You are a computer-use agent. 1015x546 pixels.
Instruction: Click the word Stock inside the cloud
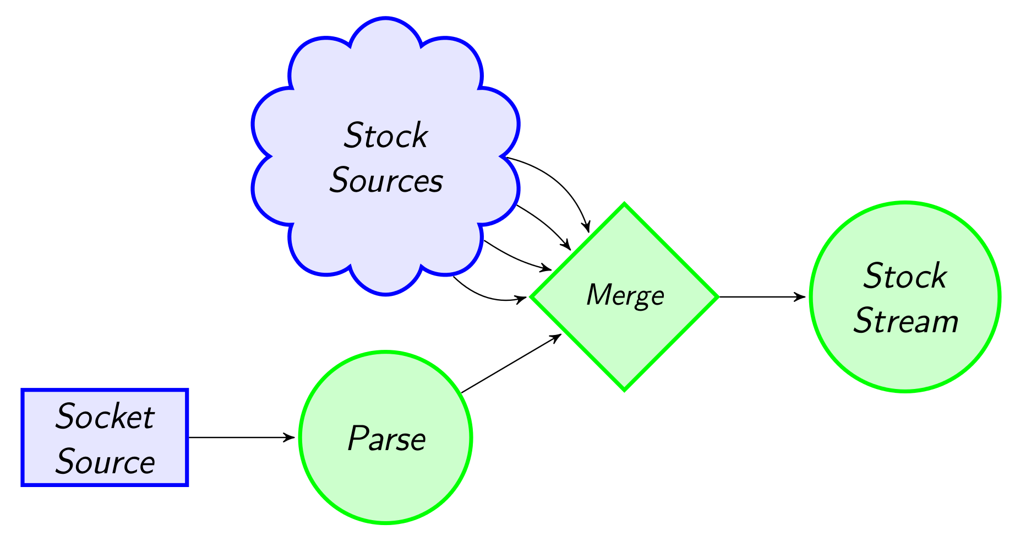click(x=386, y=136)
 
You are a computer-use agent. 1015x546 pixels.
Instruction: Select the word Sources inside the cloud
click(x=386, y=181)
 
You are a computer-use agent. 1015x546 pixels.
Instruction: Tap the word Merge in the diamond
click(x=625, y=295)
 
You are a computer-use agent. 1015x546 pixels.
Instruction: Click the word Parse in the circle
click(x=386, y=439)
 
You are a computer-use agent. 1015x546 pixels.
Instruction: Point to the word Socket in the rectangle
click(x=105, y=417)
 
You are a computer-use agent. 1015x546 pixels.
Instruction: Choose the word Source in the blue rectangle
click(x=105, y=462)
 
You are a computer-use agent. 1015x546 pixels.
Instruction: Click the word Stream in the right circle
click(x=905, y=321)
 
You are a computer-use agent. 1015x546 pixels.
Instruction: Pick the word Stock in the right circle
click(x=905, y=276)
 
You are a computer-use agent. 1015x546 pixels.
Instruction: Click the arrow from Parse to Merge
click(x=511, y=364)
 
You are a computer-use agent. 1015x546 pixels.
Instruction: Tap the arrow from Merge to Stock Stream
click(x=762, y=297)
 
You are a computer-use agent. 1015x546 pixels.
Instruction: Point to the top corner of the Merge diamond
click(x=625, y=205)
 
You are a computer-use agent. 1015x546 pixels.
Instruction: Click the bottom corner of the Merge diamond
click(x=625, y=390)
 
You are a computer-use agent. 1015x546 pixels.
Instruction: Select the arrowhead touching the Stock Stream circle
click(x=801, y=297)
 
